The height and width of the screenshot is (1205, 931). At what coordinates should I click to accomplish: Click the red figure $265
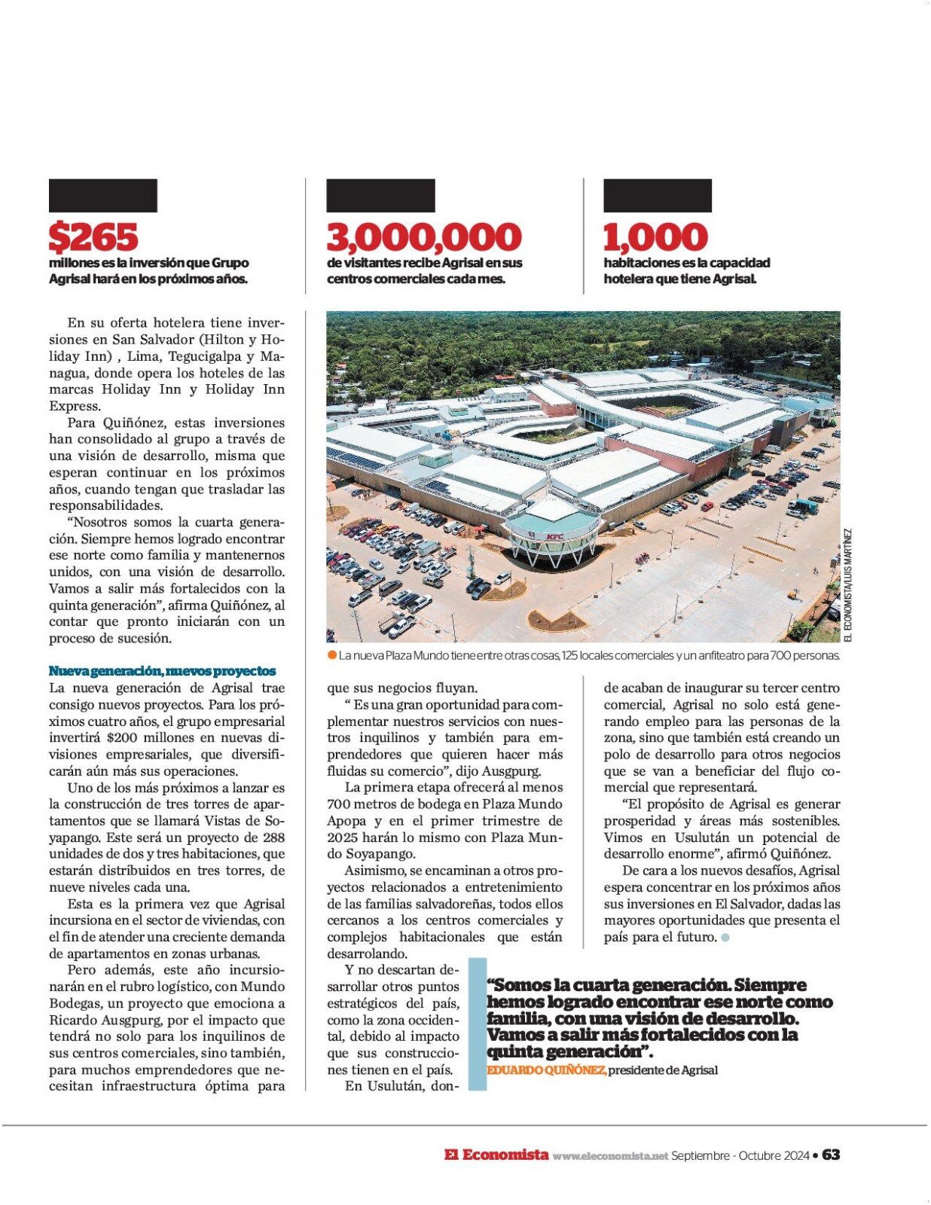point(93,237)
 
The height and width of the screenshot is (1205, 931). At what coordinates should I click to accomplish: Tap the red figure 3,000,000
point(424,237)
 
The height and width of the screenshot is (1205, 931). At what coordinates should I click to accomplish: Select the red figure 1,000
point(655,237)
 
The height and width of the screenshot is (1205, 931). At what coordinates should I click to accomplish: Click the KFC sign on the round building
point(555,536)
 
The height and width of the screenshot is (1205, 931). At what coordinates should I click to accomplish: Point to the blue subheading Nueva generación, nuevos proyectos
point(162,671)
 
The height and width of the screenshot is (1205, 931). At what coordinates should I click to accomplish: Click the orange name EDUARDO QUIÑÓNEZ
point(546,1070)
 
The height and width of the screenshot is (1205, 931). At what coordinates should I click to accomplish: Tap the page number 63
point(831,1155)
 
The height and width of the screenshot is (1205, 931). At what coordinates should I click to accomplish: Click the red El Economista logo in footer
point(496,1155)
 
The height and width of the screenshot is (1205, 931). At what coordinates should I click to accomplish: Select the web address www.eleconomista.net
point(610,1156)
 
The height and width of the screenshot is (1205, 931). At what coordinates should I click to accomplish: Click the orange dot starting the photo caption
point(332,655)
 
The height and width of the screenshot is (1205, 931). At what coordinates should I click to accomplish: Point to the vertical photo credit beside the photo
point(847,585)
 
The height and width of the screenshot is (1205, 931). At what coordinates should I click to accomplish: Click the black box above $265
point(103,196)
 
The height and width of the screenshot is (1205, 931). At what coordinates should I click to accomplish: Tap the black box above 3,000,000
point(380,196)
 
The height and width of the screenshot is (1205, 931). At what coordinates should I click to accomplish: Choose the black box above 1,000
point(658,196)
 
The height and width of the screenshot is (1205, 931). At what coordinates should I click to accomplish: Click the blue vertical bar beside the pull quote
point(478,1024)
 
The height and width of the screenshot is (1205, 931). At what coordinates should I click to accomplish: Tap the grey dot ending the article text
point(725,938)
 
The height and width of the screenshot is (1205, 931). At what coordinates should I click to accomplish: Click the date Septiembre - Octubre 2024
point(740,1155)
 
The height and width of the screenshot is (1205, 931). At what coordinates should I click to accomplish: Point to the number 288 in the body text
point(273,837)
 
